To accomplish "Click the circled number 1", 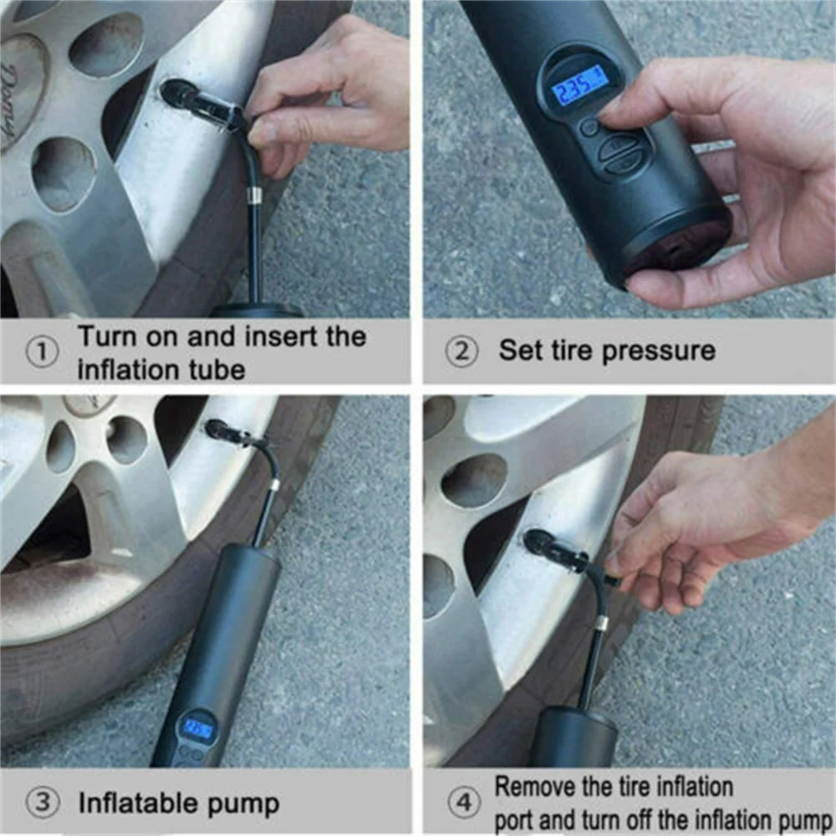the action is coord(42,352).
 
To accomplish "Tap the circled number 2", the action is coord(462,351).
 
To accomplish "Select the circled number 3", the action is coord(42,803).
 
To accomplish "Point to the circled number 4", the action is coord(464,802).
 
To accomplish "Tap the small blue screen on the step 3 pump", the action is coord(197,727).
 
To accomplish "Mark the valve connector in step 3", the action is coord(233,433).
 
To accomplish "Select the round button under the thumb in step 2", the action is coord(590,127).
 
